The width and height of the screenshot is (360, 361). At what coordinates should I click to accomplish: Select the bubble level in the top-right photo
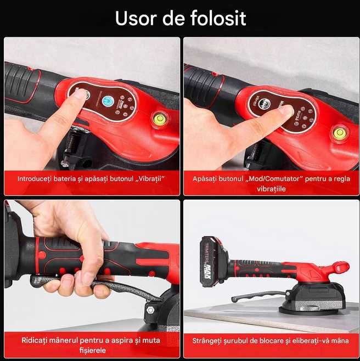pyautogui.click(x=340, y=132)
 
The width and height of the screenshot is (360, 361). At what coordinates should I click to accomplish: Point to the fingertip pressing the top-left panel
pyautogui.click(x=80, y=94)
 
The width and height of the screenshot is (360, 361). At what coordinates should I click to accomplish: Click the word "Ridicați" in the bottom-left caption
pyautogui.click(x=35, y=340)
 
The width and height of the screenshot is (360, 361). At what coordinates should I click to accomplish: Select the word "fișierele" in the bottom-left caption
pyautogui.click(x=92, y=350)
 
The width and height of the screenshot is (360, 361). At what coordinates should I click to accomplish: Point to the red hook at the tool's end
pyautogui.click(x=337, y=268)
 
